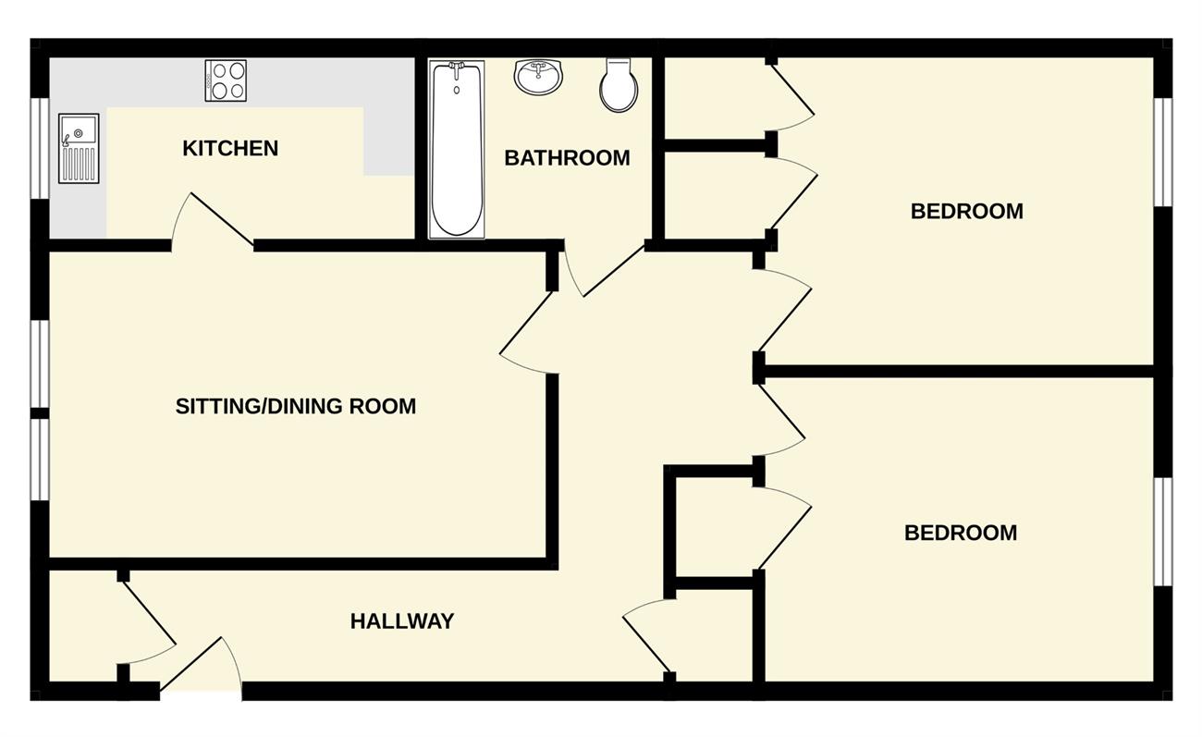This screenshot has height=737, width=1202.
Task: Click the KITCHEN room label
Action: point(230,148)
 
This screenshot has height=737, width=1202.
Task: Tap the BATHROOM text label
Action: point(567,158)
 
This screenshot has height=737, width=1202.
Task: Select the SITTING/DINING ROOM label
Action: point(296,406)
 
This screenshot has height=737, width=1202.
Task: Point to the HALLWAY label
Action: point(402,621)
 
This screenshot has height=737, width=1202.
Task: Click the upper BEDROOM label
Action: point(967,212)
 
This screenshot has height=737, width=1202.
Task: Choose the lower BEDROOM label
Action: point(961,533)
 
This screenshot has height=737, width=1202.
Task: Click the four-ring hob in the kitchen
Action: point(226,80)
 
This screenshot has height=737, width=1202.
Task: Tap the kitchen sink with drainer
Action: point(79,148)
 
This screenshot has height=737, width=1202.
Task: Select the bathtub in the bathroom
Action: point(457,149)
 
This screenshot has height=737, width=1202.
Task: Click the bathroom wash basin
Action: point(538,76)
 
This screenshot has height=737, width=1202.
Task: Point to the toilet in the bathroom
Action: point(619,85)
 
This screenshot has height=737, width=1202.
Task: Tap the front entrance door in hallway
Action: point(202,665)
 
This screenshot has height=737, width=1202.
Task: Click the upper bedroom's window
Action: point(1163,152)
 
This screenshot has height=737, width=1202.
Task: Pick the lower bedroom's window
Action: point(1163,532)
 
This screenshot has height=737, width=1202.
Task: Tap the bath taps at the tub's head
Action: point(457,67)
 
